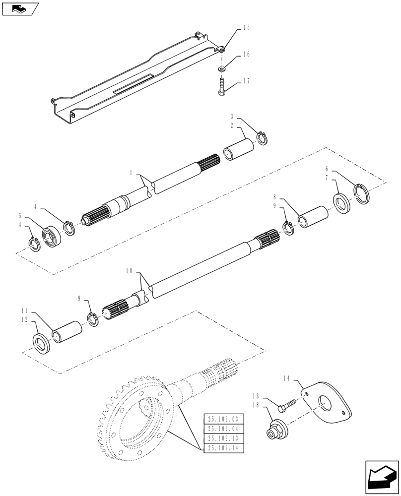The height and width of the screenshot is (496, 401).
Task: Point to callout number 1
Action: point(131,174)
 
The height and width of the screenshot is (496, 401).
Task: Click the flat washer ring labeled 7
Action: point(341,203)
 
